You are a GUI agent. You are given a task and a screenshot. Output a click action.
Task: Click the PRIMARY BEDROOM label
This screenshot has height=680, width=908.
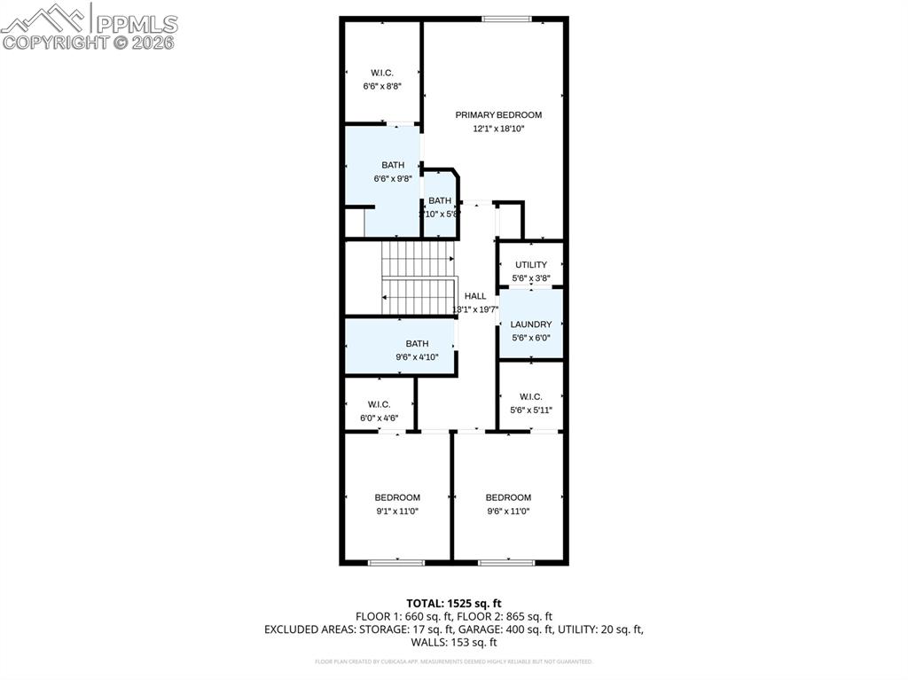coord(498,114)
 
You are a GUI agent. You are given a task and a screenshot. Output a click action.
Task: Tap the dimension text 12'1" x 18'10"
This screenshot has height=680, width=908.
coord(498,129)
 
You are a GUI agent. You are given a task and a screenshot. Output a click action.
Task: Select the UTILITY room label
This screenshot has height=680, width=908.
coord(531,264)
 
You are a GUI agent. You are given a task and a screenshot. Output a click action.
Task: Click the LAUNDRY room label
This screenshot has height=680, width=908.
coord(531,324)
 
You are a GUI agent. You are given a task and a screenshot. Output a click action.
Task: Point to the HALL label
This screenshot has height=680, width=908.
coord(475,296)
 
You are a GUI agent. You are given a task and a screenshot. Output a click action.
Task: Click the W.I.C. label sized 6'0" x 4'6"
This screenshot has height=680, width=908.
coord(379,404)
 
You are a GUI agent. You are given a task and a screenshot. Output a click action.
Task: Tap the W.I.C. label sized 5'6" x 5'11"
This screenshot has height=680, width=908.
coord(531,396)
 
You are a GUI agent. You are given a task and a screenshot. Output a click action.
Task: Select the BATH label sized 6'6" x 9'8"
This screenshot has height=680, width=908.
coord(393,165)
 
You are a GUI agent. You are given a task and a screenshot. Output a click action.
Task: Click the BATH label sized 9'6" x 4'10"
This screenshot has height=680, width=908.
coord(417,343)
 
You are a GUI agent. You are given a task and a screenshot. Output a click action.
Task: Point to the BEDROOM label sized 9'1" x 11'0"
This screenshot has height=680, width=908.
coord(397,497)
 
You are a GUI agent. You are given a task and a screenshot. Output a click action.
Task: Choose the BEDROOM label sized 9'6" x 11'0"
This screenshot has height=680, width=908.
coord(508,497)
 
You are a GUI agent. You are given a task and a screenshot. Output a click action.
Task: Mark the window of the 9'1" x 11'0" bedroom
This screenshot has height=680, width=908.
coord(396,562)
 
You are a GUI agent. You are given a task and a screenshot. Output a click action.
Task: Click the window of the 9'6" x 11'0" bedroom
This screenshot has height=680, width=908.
coord(506,562)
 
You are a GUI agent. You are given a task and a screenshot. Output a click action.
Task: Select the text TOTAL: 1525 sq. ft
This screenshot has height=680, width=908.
coord(454,603)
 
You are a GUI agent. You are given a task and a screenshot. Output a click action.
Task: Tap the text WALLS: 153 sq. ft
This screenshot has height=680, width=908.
coord(454,642)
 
